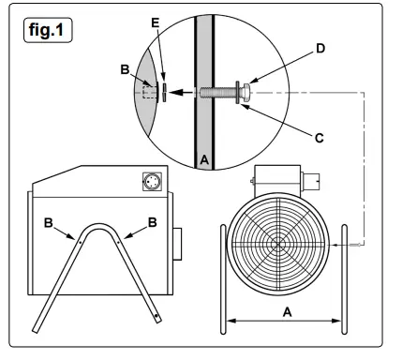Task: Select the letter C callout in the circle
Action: point(319,138)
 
